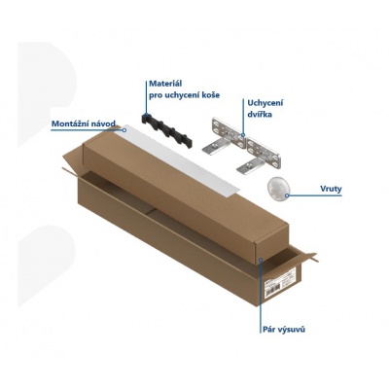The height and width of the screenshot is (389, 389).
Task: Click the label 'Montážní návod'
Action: pyautogui.click(x=84, y=124)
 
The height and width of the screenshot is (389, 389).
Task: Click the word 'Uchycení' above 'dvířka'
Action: pyautogui.click(x=265, y=103)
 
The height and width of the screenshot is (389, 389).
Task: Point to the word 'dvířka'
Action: pyautogui.click(x=260, y=114)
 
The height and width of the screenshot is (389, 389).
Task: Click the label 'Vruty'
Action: pyautogui.click(x=331, y=189)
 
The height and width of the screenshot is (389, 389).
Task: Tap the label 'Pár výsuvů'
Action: pyautogui.click(x=283, y=330)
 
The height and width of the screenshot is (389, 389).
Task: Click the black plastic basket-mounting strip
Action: pyautogui.click(x=166, y=130)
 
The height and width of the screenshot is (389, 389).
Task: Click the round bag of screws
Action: pyautogui.click(x=278, y=189)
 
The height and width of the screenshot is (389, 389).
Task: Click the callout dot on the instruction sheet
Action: pyautogui.click(x=125, y=130)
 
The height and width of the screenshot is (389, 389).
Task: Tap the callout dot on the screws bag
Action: pyautogui.click(x=287, y=195)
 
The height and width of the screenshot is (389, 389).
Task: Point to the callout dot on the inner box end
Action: pyautogui.click(x=261, y=260)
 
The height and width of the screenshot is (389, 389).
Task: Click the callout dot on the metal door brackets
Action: pyautogui.click(x=243, y=134)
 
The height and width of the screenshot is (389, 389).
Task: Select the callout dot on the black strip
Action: pyautogui.click(x=147, y=114)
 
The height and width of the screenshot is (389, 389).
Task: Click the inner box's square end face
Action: pyautogui.click(x=271, y=245)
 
